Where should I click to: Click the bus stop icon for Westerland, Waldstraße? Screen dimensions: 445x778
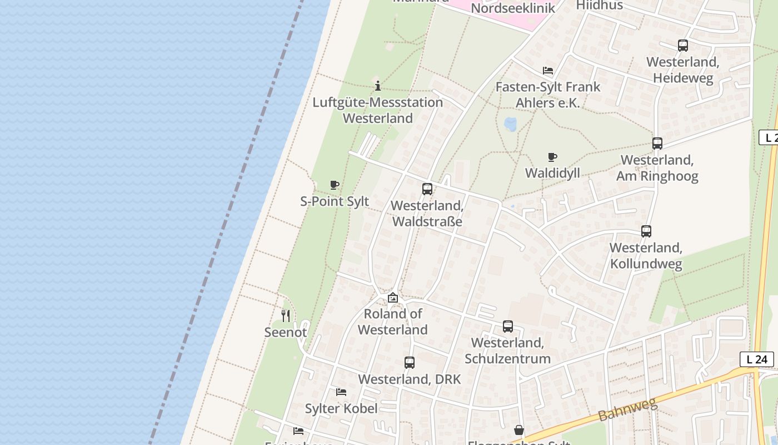click(x=427, y=189)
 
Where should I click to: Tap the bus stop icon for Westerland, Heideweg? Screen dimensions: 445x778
click(x=682, y=46)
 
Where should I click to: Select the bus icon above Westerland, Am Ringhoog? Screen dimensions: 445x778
click(x=657, y=144)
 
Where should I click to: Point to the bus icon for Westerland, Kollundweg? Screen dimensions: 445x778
click(x=646, y=231)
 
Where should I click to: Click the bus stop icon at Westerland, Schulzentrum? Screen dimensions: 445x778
click(x=507, y=327)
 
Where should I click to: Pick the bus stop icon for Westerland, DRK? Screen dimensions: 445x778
click(x=409, y=363)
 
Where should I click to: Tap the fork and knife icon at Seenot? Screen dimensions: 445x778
click(x=285, y=316)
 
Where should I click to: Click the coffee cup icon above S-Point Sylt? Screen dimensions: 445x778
click(x=334, y=185)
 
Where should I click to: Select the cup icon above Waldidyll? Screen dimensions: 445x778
click(x=552, y=157)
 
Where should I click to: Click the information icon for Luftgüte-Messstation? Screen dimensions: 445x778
click(x=377, y=86)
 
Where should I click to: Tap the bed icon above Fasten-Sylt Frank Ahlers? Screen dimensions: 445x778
click(x=547, y=71)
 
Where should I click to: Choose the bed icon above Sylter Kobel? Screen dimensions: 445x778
click(x=341, y=392)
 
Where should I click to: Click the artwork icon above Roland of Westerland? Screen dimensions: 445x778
click(x=392, y=298)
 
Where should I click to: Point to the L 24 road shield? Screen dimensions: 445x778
click(x=756, y=359)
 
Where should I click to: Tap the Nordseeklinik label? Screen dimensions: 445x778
click(x=512, y=8)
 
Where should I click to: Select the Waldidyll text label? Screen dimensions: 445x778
click(x=552, y=173)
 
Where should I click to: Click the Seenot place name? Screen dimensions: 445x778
click(x=285, y=332)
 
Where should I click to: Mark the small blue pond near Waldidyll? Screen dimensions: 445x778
click(x=510, y=123)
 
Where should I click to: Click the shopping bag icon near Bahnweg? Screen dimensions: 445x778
click(x=518, y=430)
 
